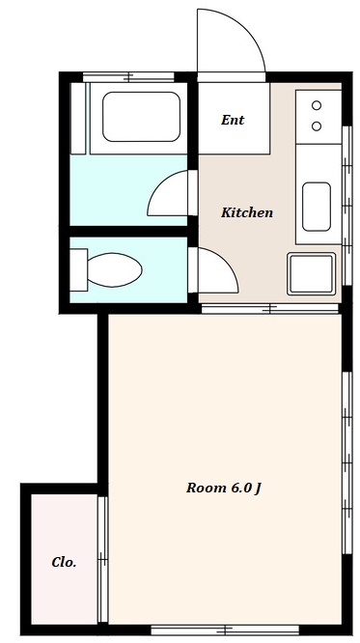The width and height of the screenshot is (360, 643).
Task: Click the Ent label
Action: [x=233, y=120]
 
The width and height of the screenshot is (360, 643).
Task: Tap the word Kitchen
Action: [x=247, y=212]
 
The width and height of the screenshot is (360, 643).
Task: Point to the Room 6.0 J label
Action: [x=224, y=488]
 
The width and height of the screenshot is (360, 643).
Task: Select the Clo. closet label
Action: [x=64, y=562]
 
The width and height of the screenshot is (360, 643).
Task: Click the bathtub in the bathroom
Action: [x=141, y=117]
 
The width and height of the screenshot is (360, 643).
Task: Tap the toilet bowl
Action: [x=115, y=269]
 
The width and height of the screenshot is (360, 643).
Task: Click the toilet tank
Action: [x=78, y=269]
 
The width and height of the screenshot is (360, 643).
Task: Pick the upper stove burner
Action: [x=317, y=105]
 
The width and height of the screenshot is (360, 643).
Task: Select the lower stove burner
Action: [x=317, y=126]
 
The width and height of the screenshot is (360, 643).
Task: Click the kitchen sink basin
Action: [x=317, y=207]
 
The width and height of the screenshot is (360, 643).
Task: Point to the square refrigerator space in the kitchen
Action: [x=312, y=274]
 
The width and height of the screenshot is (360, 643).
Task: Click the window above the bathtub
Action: [x=128, y=76]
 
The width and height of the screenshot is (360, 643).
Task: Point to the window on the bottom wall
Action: [x=225, y=629]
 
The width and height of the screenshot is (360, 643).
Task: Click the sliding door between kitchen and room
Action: [x=270, y=309]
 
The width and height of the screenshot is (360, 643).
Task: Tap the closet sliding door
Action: [x=102, y=559]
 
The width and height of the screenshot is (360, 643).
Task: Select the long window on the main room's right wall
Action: [x=346, y=463]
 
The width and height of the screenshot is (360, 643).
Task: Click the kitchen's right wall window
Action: [x=346, y=206]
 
